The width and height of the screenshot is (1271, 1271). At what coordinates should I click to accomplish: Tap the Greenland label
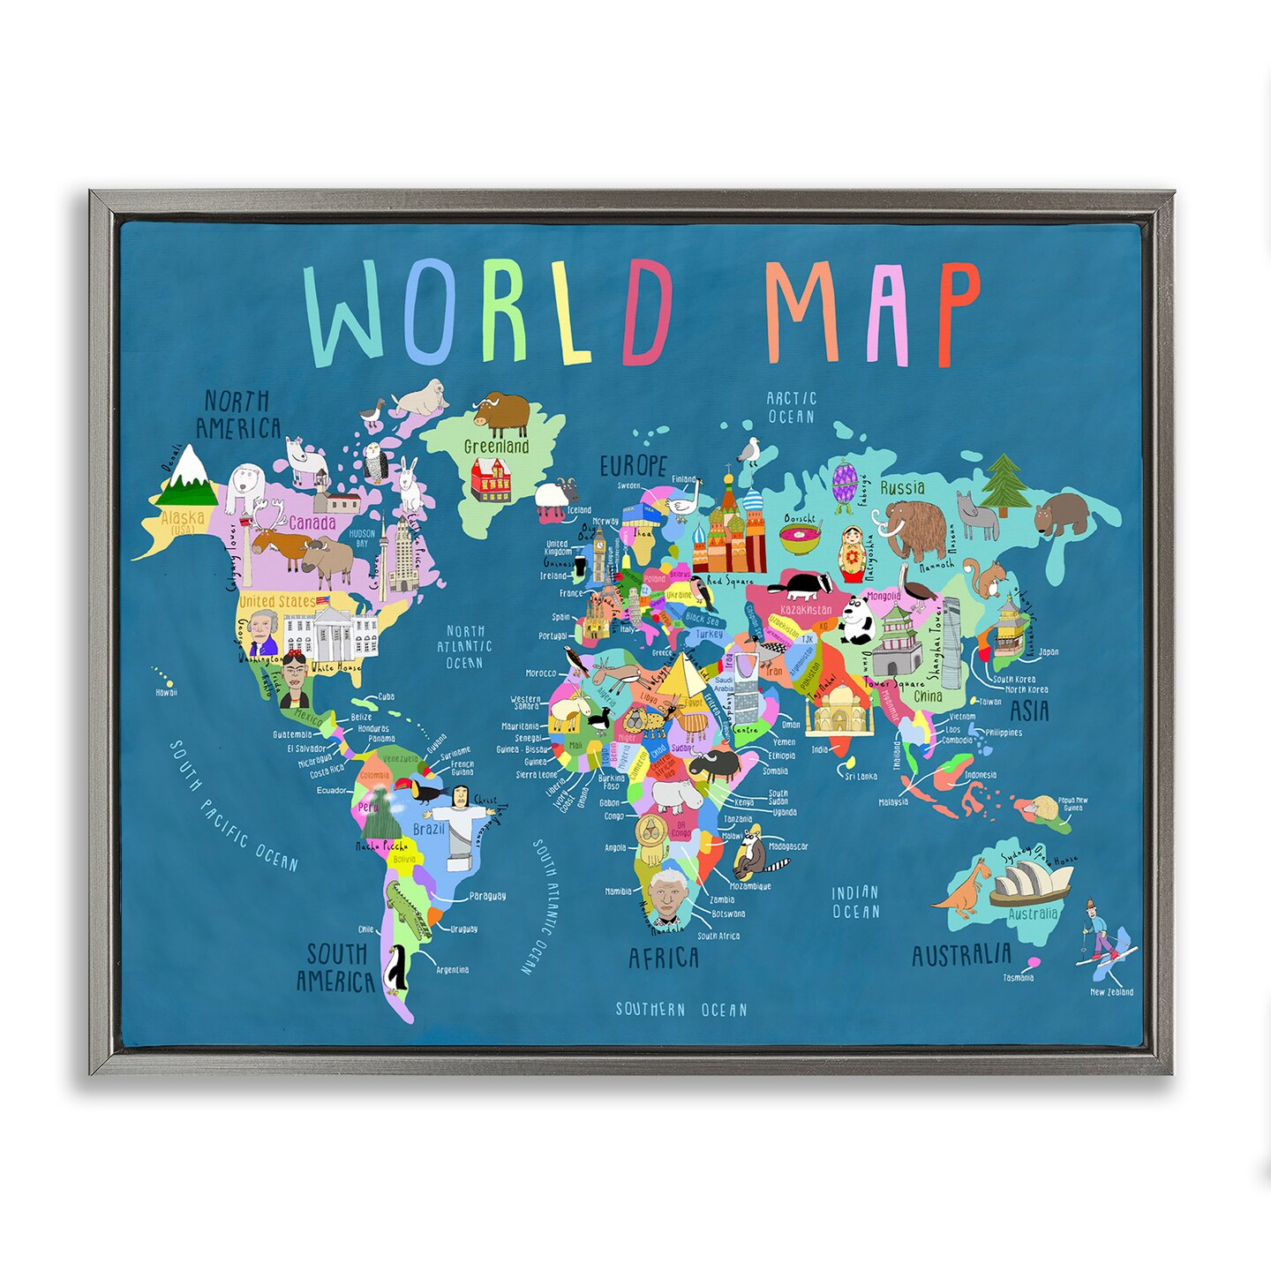point(496,446)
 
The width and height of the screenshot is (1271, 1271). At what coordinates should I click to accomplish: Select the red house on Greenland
point(490,478)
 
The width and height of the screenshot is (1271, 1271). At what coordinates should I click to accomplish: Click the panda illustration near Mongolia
point(854,619)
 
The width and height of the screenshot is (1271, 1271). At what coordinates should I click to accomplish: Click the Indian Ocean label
point(855,902)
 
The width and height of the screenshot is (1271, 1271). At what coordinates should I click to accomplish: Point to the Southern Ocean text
point(681,1009)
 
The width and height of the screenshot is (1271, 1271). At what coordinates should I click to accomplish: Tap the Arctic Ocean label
point(791,408)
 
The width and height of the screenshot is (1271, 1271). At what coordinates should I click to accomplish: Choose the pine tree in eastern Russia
point(1002,485)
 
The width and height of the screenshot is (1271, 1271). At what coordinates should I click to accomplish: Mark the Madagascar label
point(788,846)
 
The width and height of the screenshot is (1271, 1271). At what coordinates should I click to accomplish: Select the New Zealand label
point(1111,991)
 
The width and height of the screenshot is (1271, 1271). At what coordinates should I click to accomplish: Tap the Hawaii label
point(166,693)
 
